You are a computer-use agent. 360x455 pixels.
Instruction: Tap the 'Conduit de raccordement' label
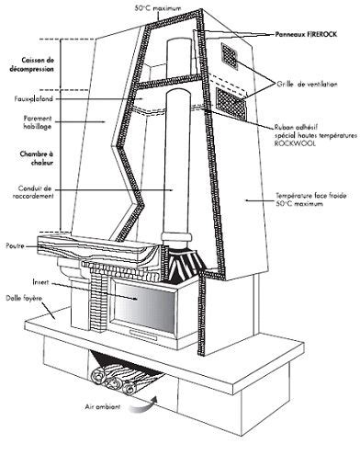coord(28,193)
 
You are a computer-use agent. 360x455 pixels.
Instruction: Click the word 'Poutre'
coord(14,245)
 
